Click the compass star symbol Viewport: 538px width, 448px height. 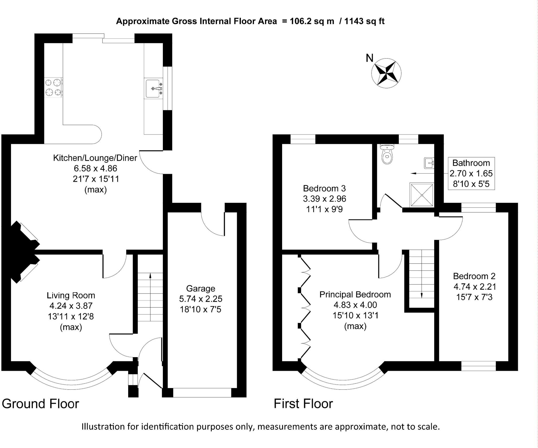386,73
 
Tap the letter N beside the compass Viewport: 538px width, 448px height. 369,58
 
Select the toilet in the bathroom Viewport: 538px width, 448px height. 387,155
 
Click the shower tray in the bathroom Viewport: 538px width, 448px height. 421,195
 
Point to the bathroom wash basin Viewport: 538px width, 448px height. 429,163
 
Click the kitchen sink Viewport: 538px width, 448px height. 153,89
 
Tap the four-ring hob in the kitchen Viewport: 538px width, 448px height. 53,88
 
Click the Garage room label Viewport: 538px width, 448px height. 200,288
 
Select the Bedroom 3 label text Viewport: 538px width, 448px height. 324,188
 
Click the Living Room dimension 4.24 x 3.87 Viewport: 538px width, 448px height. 71,306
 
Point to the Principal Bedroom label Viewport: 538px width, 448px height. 355,294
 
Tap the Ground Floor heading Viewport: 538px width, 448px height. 40,404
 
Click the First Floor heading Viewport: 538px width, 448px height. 303,404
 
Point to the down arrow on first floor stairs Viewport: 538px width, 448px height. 422,295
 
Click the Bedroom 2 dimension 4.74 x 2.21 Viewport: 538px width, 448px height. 475,286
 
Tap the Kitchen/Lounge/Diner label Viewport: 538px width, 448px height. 95,158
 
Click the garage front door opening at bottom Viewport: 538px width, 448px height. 202,393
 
